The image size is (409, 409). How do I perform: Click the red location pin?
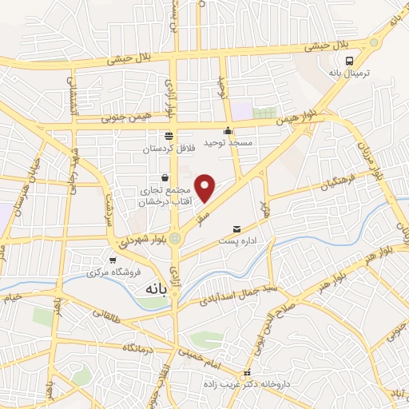coord(206,186)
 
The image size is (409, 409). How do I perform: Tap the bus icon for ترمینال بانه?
coord(349,61)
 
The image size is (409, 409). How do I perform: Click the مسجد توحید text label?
coord(228,142)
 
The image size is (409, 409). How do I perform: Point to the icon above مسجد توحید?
coord(228,131)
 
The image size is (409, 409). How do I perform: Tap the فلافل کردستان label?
coord(168,149)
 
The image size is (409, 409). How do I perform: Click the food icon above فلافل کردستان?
coord(168,136)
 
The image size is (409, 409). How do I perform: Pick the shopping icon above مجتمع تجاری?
coord(165,177)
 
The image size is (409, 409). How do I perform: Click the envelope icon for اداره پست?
coord(236,229)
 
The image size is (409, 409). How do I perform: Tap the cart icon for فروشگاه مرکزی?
coord(113,260)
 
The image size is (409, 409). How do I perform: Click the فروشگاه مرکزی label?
coord(113,273)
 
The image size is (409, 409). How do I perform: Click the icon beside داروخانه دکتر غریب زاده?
coord(248,373)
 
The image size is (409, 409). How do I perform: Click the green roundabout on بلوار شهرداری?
coord(175,237)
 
